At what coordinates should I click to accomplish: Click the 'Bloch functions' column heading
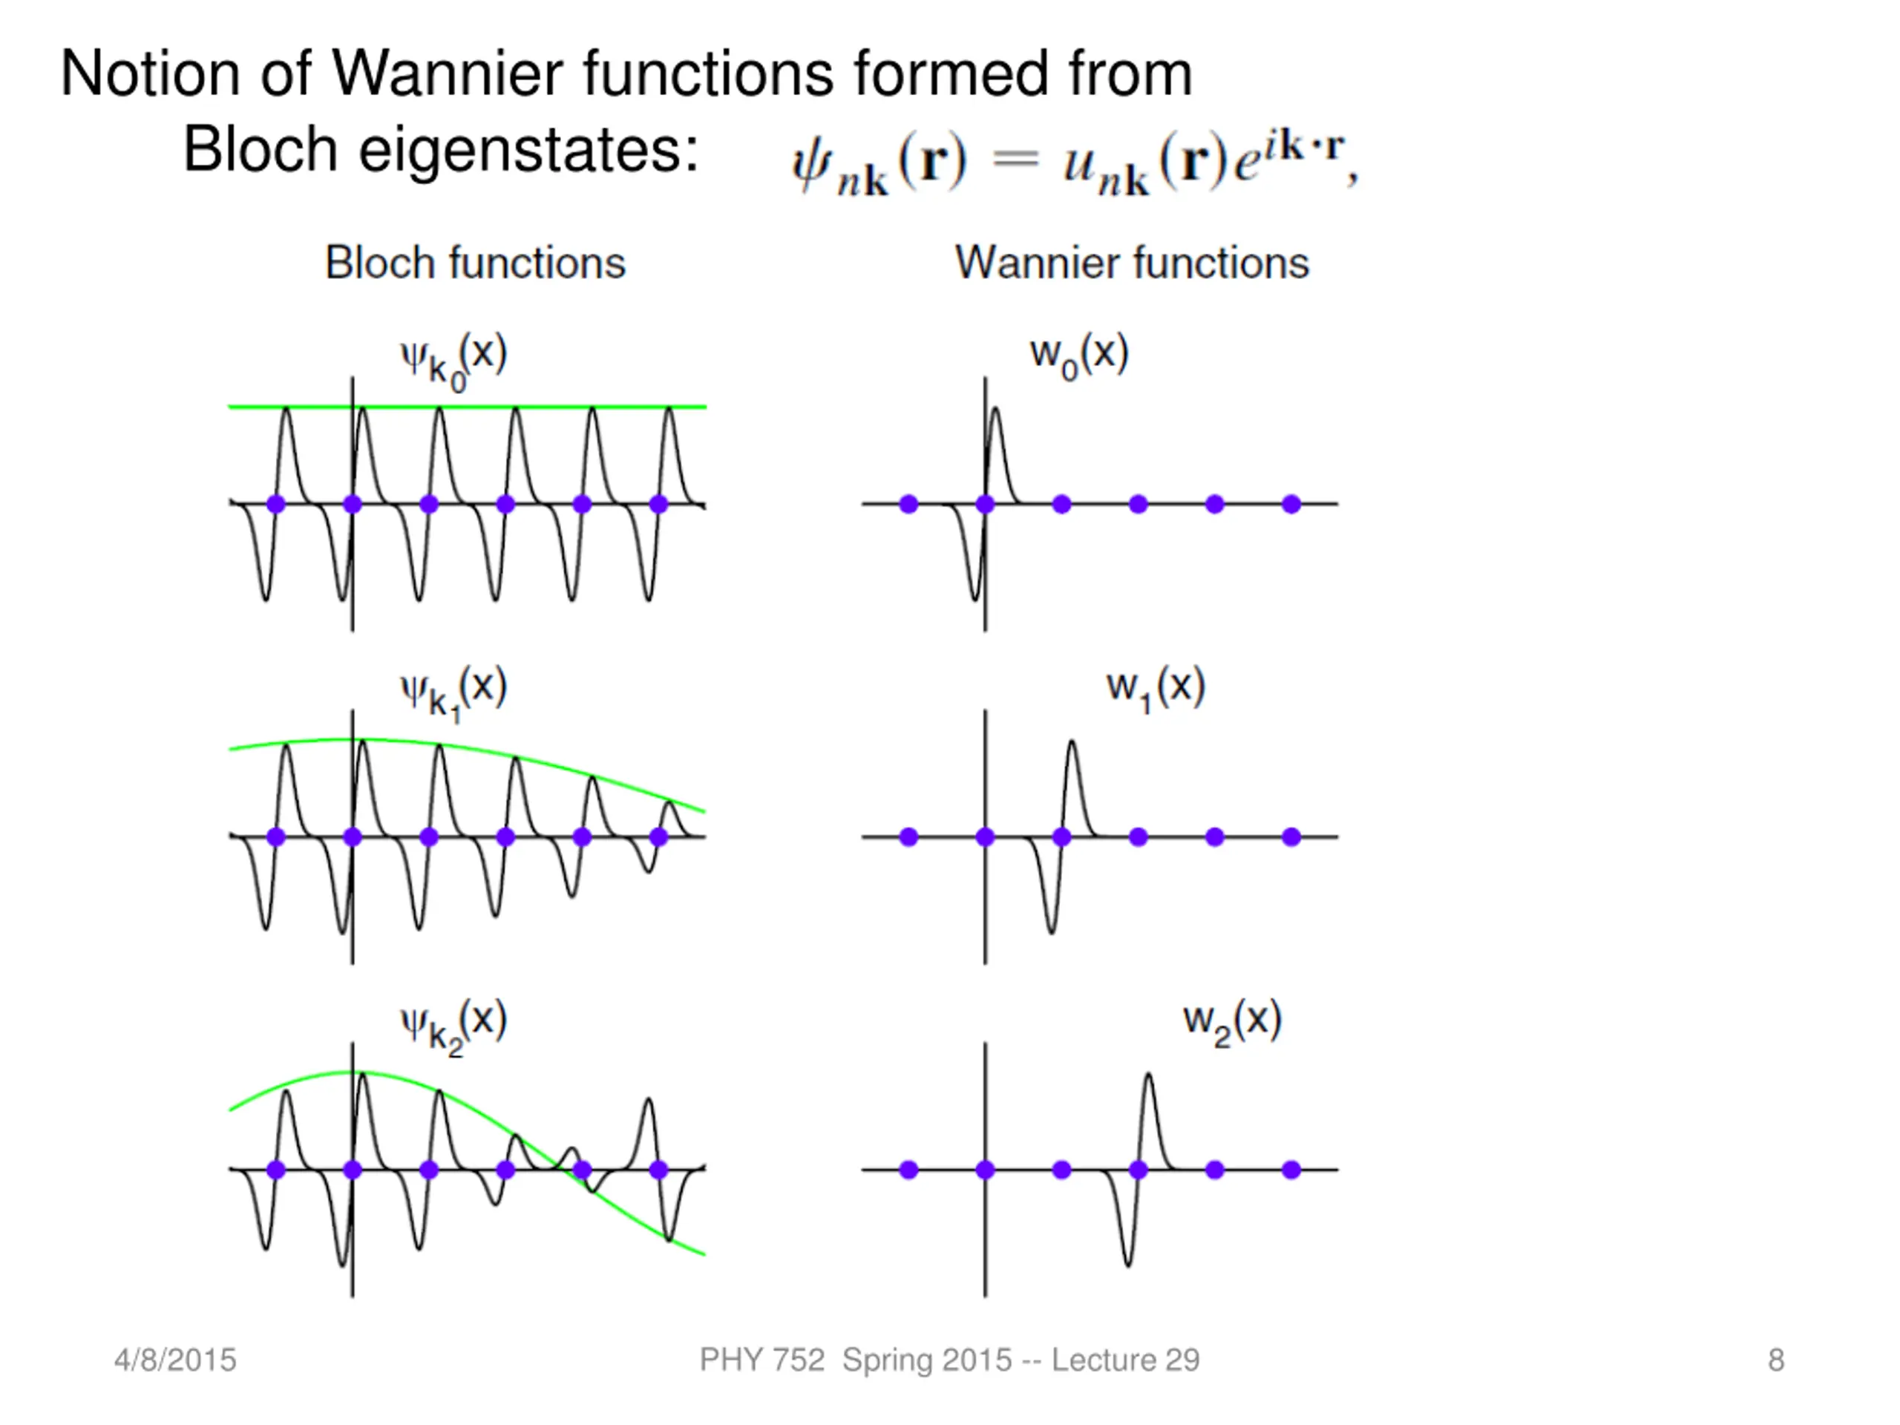pos(475,263)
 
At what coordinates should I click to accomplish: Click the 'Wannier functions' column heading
pos(1132,263)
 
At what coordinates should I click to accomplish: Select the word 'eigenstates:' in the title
pos(528,149)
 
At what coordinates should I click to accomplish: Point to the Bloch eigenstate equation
pos(1074,163)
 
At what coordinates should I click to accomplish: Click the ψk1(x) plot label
pos(453,692)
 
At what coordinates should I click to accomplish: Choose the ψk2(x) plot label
pos(453,1026)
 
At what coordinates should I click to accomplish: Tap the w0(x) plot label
pos(1079,356)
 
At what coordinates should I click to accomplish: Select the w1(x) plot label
pos(1156,689)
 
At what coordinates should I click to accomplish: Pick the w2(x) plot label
pos(1232,1022)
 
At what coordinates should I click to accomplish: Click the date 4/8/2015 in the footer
pos(175,1360)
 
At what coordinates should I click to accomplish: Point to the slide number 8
pos(1776,1360)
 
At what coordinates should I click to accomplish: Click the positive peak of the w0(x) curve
pos(995,410)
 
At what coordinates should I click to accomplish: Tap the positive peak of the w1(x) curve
pos(1071,744)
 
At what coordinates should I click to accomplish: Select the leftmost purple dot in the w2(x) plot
pos(908,1170)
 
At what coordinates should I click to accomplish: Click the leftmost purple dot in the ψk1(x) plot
pos(276,836)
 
